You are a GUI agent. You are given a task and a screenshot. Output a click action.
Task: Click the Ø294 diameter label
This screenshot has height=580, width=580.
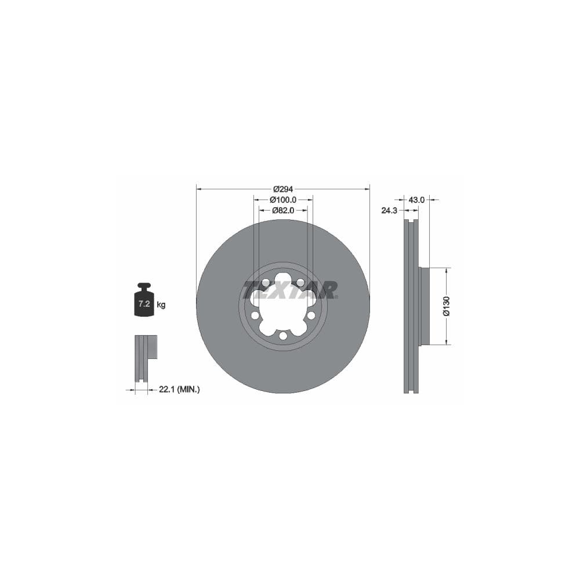tap(283, 189)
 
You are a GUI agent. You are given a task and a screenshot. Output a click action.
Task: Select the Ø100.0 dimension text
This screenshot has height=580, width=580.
tap(283, 200)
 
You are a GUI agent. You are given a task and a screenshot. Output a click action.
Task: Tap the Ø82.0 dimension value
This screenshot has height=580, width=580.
tap(284, 211)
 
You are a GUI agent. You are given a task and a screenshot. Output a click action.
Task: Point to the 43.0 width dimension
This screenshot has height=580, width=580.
tap(416, 200)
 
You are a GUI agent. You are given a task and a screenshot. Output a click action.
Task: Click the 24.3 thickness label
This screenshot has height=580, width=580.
tap(389, 211)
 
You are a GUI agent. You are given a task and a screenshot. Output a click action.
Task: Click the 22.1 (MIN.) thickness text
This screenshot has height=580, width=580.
tap(179, 390)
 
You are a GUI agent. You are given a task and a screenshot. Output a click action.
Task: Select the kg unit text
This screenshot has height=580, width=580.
tap(161, 304)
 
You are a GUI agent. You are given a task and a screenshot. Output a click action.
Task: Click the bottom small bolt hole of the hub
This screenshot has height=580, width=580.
tap(283, 335)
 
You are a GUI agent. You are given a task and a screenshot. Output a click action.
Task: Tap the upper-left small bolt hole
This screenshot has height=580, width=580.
tap(266, 282)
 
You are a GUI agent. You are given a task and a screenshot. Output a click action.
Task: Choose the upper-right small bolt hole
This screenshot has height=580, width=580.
tap(300, 282)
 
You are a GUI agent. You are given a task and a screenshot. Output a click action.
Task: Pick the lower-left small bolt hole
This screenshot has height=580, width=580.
tap(255, 315)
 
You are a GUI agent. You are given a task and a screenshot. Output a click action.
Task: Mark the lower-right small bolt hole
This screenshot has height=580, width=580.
tap(311, 315)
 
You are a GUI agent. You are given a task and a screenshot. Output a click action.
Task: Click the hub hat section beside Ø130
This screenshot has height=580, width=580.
tap(425, 306)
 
